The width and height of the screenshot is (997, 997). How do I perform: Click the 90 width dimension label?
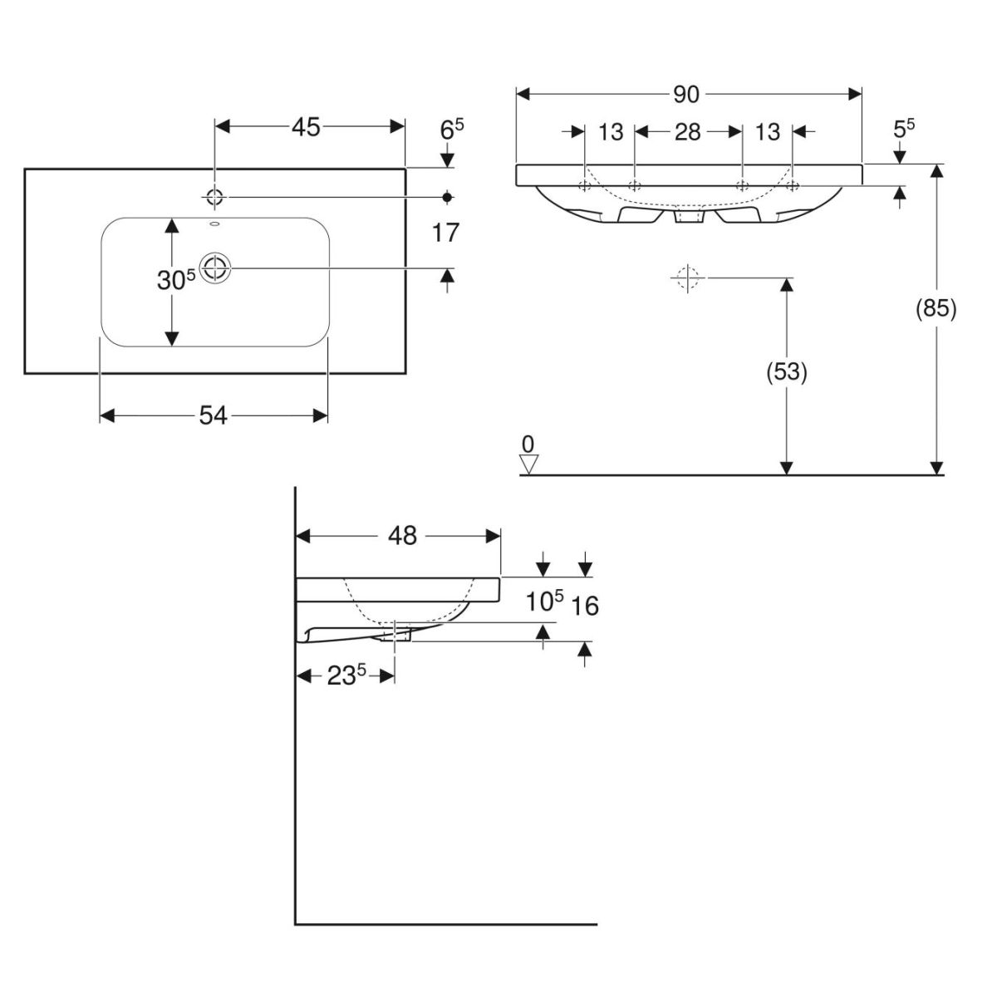click(686, 95)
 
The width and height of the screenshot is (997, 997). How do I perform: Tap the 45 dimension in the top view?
click(306, 127)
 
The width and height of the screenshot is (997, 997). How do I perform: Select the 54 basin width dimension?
click(214, 415)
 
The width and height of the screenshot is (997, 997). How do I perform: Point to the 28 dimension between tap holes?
click(687, 131)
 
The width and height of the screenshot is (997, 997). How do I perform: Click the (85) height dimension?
click(936, 309)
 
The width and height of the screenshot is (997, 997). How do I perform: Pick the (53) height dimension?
click(786, 373)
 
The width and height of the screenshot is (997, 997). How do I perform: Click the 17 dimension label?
click(446, 233)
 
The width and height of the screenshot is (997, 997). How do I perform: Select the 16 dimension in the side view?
click(586, 607)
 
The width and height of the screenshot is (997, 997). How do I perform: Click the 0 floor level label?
click(528, 443)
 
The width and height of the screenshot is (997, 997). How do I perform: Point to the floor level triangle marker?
click(529, 464)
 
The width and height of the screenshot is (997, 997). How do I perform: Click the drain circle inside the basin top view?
click(216, 268)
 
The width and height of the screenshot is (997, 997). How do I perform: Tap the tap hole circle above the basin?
click(215, 197)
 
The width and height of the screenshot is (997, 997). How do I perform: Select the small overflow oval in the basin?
click(214, 225)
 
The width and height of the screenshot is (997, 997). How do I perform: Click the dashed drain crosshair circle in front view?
click(686, 277)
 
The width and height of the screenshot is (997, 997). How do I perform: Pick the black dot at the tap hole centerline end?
click(448, 197)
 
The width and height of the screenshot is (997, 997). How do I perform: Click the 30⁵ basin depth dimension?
click(175, 281)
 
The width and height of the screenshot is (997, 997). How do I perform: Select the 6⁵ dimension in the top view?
click(451, 129)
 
